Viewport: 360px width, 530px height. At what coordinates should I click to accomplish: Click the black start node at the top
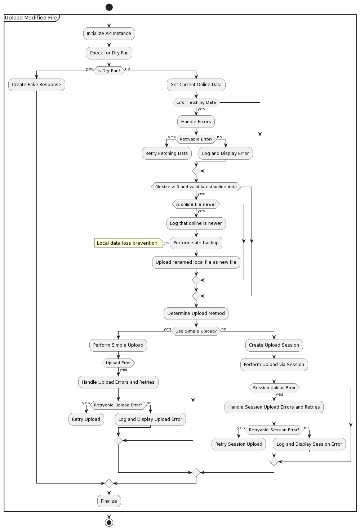(x=109, y=7)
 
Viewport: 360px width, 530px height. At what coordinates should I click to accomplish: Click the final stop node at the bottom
(x=109, y=522)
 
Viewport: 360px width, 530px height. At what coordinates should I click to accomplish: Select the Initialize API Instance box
(x=109, y=34)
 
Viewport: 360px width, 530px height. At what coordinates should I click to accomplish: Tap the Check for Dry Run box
(x=109, y=53)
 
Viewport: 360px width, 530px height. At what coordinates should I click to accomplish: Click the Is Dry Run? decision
(x=109, y=71)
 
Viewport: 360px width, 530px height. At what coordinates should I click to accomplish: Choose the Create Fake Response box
(x=36, y=85)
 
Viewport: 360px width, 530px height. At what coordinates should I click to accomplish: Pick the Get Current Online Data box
(x=196, y=85)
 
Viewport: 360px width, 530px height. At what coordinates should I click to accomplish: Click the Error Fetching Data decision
(x=196, y=102)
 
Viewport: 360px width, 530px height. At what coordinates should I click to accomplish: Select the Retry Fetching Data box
(x=166, y=153)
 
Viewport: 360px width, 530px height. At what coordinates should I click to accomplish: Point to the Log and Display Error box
(x=226, y=153)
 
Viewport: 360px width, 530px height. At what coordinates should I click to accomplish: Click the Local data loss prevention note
(x=127, y=243)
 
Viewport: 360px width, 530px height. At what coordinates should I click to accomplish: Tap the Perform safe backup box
(x=196, y=243)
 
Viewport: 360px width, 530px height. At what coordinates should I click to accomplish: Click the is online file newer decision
(x=196, y=204)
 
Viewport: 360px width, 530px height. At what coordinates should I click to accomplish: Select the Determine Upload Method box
(x=196, y=313)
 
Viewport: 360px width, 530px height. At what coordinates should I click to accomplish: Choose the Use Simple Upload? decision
(x=196, y=331)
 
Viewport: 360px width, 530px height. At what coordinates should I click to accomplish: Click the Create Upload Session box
(x=274, y=345)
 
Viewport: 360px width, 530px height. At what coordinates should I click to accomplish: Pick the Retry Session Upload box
(x=239, y=444)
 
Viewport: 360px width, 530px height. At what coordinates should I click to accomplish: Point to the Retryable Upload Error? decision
(x=118, y=405)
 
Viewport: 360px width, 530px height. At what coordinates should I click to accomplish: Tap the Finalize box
(x=109, y=501)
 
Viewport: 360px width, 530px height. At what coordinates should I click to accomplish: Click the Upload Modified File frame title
(x=31, y=18)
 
